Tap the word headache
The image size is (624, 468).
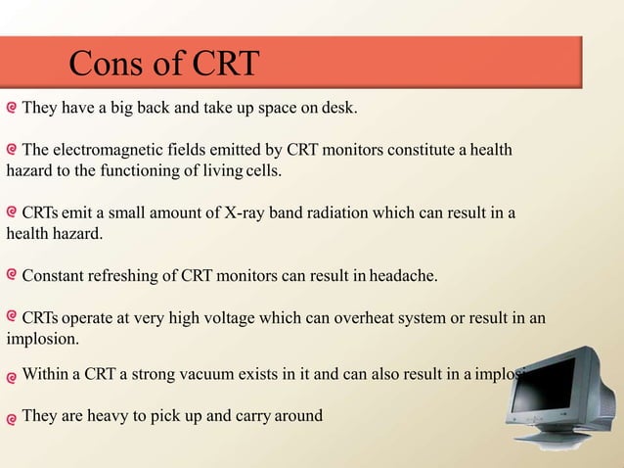403,277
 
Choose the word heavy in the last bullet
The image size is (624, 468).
105,416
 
